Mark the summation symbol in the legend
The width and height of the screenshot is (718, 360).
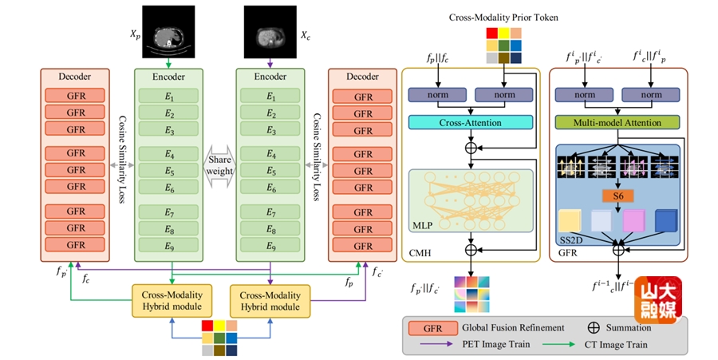click(594, 327)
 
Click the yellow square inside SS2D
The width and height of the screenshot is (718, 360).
click(571, 220)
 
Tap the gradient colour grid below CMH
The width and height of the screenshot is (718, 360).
click(471, 295)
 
